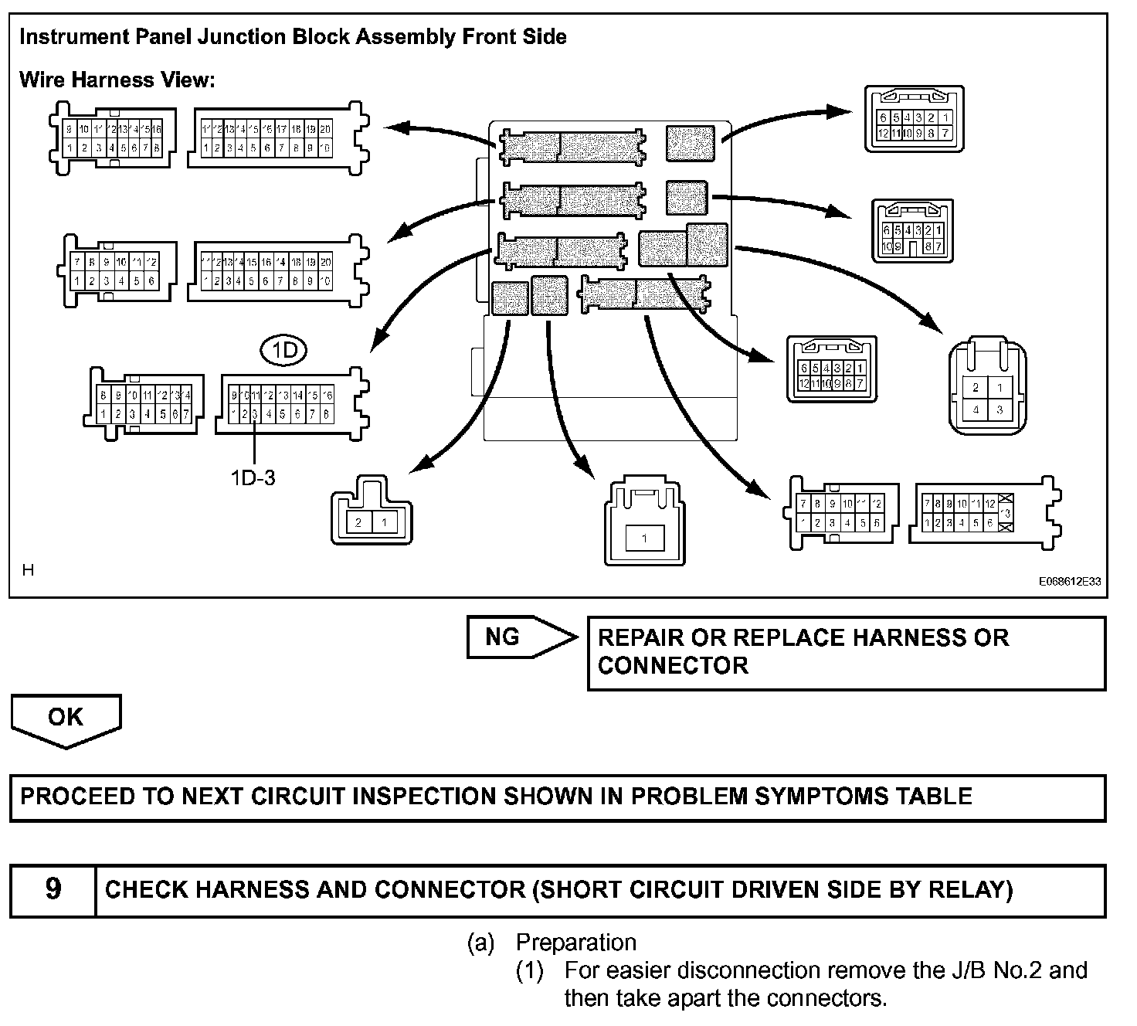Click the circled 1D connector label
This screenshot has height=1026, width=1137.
click(284, 352)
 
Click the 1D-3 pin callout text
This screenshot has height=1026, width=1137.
click(253, 477)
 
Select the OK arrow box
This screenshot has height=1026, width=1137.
click(66, 719)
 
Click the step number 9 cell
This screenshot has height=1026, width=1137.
click(53, 889)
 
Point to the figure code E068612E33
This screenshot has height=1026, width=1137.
click(1070, 582)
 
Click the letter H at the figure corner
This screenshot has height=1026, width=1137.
click(29, 571)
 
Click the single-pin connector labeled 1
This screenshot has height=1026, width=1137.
click(644, 538)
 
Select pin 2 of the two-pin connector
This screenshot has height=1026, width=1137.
click(358, 523)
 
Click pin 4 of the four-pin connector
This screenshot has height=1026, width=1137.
click(976, 409)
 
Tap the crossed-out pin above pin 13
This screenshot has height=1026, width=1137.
click(1006, 499)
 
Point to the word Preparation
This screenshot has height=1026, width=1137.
click(575, 943)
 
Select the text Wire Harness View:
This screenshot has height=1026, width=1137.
click(117, 80)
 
